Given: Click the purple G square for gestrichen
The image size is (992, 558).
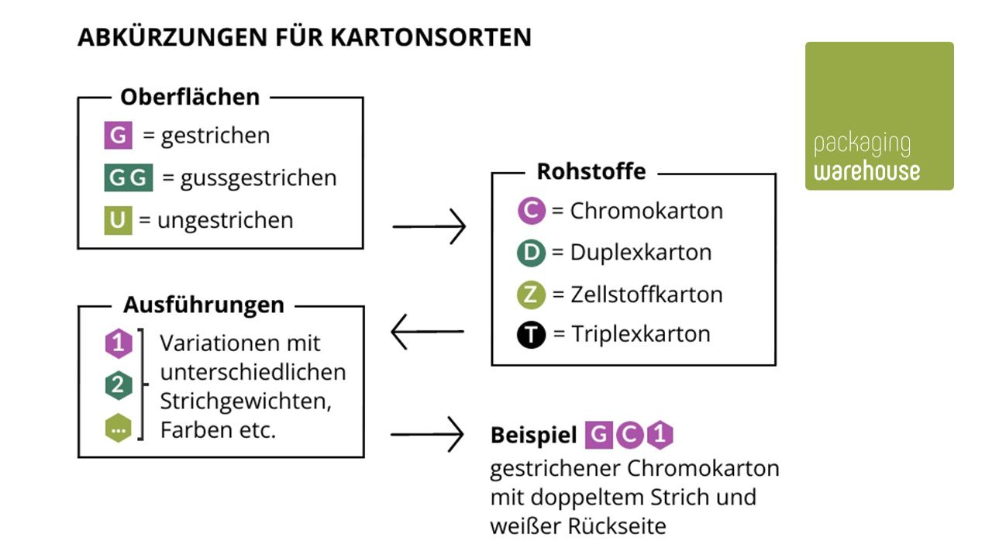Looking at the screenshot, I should tap(119, 136).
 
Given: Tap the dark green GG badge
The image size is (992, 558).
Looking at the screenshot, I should tap(129, 177).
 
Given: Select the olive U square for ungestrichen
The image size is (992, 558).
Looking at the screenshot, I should tap(118, 220).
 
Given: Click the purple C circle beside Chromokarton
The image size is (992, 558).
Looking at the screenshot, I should tap(532, 211).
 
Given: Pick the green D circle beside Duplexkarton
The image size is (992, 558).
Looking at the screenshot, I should tap(532, 253).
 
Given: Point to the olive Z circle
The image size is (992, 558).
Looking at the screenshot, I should tap(532, 294).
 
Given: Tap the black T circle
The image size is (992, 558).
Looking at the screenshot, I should tap(532, 335).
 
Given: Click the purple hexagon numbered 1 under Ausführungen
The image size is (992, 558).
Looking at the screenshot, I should tap(118, 343).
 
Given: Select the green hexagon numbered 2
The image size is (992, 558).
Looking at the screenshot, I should tap(118, 385).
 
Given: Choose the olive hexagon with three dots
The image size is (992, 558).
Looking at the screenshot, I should tap(118, 427).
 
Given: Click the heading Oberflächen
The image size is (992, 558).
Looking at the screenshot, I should tap(190, 98).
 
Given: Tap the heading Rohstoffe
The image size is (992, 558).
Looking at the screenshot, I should tap(591, 171).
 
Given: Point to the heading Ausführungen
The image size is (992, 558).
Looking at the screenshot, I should tap(204, 305).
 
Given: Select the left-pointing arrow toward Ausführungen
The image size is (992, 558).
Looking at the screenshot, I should tap(427, 332).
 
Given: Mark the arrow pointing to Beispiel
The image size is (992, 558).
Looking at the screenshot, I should tap(427, 435).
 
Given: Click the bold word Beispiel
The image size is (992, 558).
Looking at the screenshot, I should tap(534, 436).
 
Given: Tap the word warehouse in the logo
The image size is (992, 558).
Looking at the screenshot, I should tap(867, 170).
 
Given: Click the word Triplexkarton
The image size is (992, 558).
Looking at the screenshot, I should tap(641, 335).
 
